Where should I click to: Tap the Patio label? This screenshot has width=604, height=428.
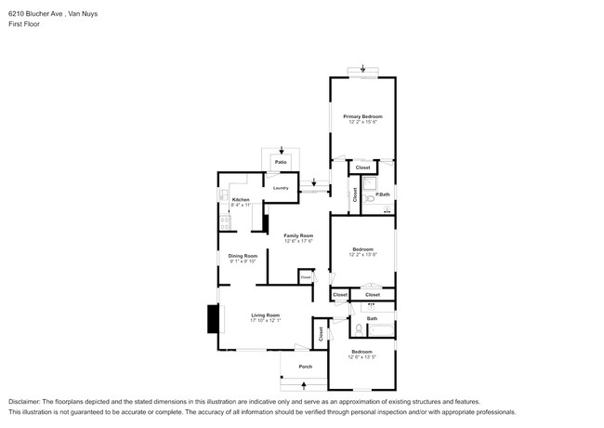[281, 162]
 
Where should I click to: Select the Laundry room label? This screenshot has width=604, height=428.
[281, 188]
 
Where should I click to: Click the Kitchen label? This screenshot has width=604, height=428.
[241, 200]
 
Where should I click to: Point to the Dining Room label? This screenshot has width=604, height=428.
[243, 257]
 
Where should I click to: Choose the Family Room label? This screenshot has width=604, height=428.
[298, 235]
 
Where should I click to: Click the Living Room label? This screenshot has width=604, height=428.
[265, 314]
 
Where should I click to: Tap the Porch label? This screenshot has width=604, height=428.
[305, 367]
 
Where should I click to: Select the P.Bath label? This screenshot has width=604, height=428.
[382, 194]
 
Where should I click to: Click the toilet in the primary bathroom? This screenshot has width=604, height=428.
[369, 198]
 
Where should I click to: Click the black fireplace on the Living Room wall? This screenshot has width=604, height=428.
[213, 320]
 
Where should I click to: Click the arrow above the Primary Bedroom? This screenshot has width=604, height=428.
[363, 68]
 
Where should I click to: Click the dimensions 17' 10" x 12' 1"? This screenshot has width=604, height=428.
[265, 321]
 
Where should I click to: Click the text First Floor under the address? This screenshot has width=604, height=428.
[23, 26]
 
